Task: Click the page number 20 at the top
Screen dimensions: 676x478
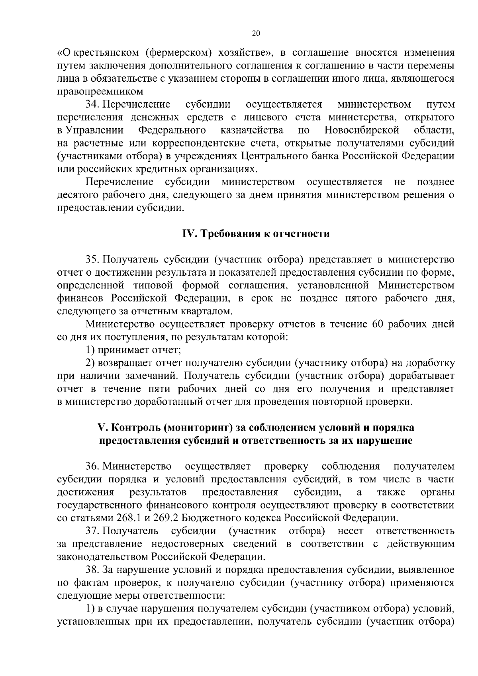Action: (x=256, y=34)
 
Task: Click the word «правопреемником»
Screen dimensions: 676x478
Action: (x=100, y=92)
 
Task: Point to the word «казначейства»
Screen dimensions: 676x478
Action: (x=252, y=130)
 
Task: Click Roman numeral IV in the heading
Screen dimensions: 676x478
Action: (x=187, y=234)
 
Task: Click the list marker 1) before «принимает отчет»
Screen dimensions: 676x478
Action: (x=90, y=351)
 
